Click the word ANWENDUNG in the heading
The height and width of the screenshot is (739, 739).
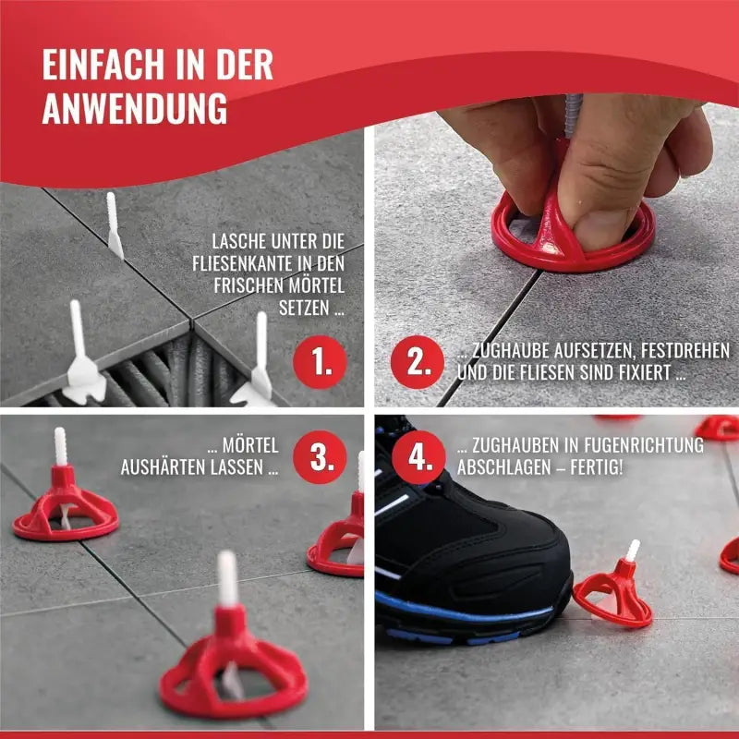(x=134, y=109)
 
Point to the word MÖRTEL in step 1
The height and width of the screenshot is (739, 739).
(x=305, y=286)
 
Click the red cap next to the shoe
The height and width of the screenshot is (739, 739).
(x=613, y=596)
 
